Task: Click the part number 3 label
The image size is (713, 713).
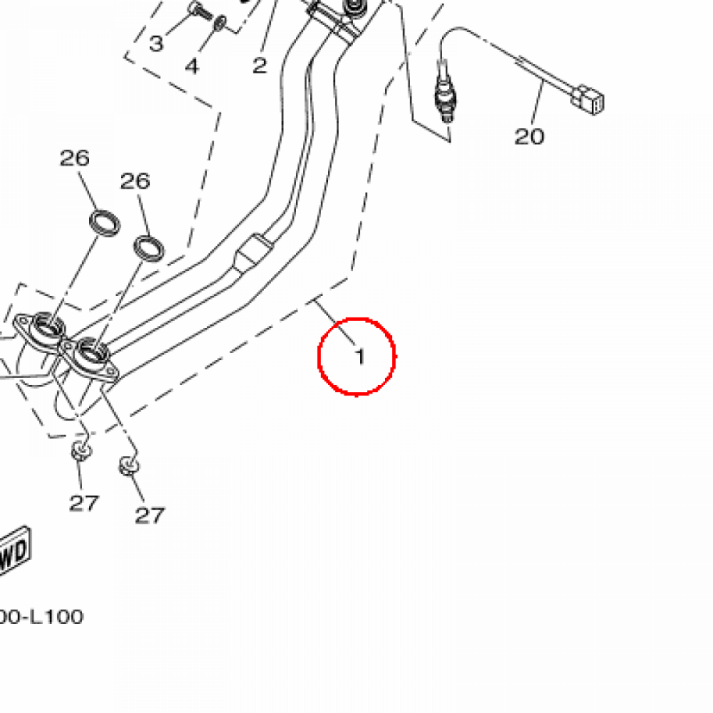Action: pos(156,44)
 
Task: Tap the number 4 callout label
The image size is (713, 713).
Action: pos(191,66)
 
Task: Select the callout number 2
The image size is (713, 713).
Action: pos(259,66)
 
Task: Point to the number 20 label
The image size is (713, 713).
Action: pos(529,136)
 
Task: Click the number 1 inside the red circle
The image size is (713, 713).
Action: pos(359,357)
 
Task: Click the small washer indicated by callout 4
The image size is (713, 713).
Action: pos(221,23)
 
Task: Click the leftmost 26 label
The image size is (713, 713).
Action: pos(75,158)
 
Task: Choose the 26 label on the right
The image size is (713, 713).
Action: pos(135,182)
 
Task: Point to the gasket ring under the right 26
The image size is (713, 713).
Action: pos(148,246)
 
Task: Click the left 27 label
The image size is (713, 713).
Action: pos(84,502)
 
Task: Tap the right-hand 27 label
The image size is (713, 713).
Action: pos(150,515)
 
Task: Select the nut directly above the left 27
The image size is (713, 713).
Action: pos(81,450)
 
